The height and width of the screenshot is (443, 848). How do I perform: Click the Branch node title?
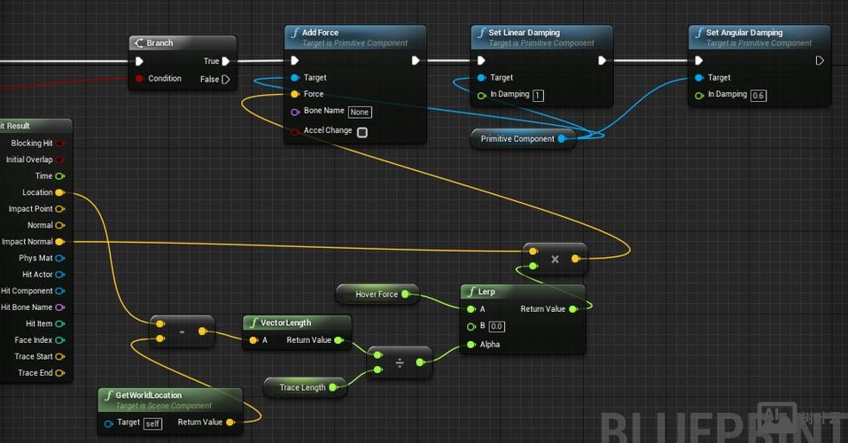[159, 43]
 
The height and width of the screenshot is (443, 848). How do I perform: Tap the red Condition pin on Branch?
[140, 79]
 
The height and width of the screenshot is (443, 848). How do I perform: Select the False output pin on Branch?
[226, 79]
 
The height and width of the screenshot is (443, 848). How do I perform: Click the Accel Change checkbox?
[362, 132]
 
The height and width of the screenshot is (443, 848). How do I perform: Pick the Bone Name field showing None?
[359, 112]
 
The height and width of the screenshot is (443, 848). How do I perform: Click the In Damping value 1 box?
[538, 95]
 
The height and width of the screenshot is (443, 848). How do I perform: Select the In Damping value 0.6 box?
[758, 95]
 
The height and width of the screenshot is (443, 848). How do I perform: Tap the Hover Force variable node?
[377, 294]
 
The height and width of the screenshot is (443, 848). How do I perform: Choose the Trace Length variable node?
[302, 387]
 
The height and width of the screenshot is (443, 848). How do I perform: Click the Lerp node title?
[486, 291]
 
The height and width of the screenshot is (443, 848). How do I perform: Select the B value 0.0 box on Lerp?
[497, 326]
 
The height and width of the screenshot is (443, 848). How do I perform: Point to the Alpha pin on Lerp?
[470, 345]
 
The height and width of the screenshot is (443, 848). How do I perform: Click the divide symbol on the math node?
[400, 362]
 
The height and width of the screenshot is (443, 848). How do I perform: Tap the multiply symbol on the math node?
[555, 259]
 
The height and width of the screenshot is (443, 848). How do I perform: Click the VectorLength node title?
[285, 323]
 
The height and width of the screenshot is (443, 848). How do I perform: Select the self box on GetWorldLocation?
[152, 423]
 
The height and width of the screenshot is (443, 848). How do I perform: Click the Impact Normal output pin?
[59, 242]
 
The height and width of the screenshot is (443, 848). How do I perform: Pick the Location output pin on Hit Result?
[59, 192]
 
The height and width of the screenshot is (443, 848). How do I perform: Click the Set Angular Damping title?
[745, 33]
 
